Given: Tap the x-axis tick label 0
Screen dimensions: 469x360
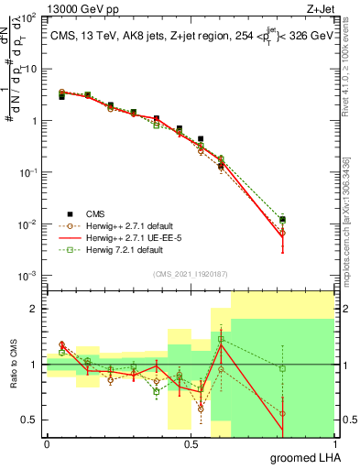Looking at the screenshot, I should tap(47, 443).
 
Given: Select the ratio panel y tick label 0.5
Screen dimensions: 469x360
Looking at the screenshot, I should tap(31, 420).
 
